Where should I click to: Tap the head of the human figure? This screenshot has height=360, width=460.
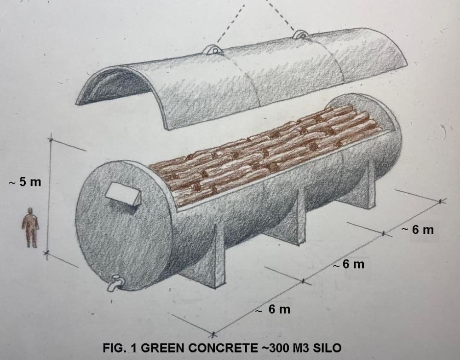(x=30, y=211)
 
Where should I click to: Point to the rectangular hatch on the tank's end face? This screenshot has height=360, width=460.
(x=123, y=195)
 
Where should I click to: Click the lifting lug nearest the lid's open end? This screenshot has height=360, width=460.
(x=213, y=49)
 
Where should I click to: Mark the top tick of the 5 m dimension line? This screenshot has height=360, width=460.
(x=50, y=137)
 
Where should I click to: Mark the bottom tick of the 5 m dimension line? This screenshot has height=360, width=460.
(x=46, y=252)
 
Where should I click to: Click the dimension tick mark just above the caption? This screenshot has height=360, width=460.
(x=213, y=333)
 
